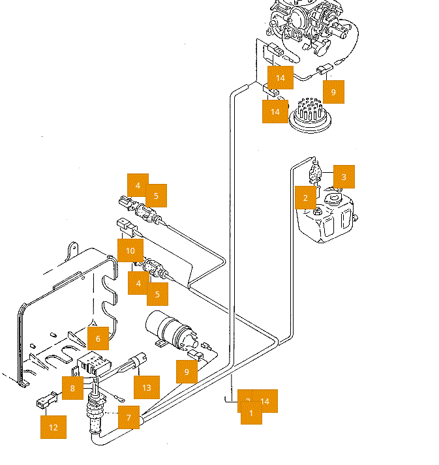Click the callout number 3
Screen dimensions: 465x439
344,176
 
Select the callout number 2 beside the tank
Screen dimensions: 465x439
305,197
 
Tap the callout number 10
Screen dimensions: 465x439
130,250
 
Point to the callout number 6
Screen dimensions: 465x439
98,338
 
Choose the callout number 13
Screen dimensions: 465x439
146,387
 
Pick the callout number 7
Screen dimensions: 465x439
129,417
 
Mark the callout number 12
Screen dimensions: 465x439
53,427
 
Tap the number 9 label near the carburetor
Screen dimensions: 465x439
333,92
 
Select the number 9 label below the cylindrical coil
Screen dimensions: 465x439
187,372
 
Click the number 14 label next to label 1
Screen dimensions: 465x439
265,400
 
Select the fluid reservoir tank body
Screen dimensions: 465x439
324,220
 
